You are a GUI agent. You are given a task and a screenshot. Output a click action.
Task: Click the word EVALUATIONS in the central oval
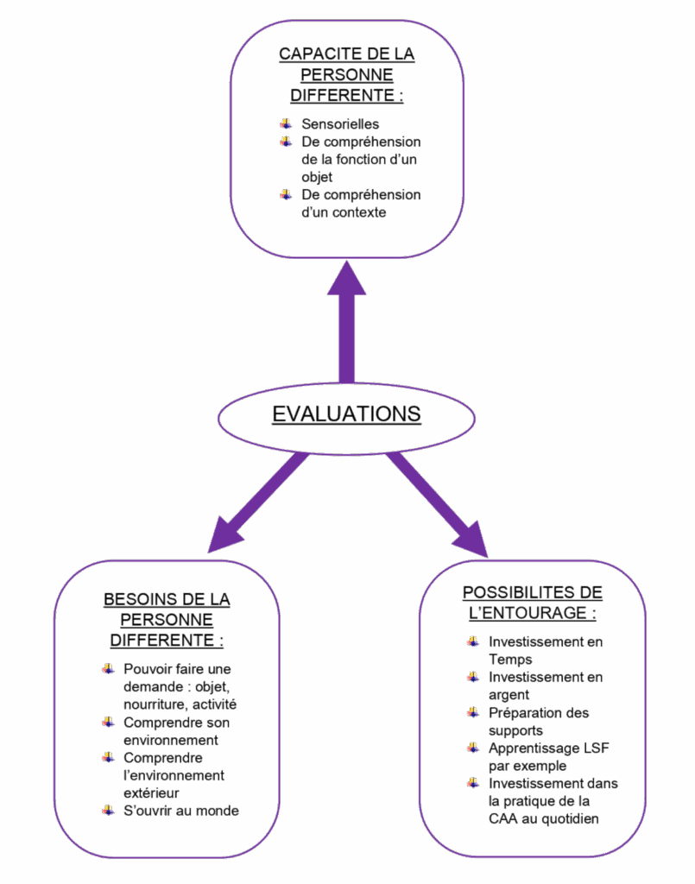(x=346, y=414)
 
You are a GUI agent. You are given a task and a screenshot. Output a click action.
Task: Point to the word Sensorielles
(x=340, y=124)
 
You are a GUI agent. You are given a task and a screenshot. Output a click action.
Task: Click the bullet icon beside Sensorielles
(x=285, y=123)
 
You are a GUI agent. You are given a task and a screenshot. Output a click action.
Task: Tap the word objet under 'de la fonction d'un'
(x=317, y=177)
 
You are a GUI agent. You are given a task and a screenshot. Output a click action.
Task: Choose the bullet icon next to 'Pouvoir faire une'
(x=108, y=668)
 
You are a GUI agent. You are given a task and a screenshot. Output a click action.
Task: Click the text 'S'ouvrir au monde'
(x=181, y=811)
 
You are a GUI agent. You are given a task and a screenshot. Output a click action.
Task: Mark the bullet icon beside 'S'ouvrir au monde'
(x=108, y=810)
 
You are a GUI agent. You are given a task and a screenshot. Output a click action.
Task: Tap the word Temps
(x=510, y=660)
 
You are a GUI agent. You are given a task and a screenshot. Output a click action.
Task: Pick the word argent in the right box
(x=509, y=695)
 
